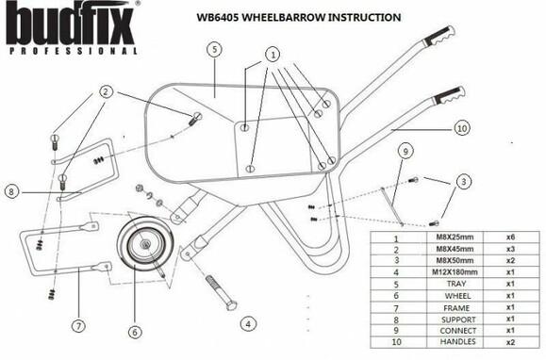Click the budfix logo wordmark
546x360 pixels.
point(71,21)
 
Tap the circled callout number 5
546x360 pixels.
point(215,46)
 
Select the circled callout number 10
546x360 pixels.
point(461,126)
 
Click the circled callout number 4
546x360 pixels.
point(247,323)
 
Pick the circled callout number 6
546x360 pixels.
point(134,331)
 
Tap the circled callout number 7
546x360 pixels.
point(77,327)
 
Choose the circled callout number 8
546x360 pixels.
point(11,190)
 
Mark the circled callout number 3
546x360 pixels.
point(464,179)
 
